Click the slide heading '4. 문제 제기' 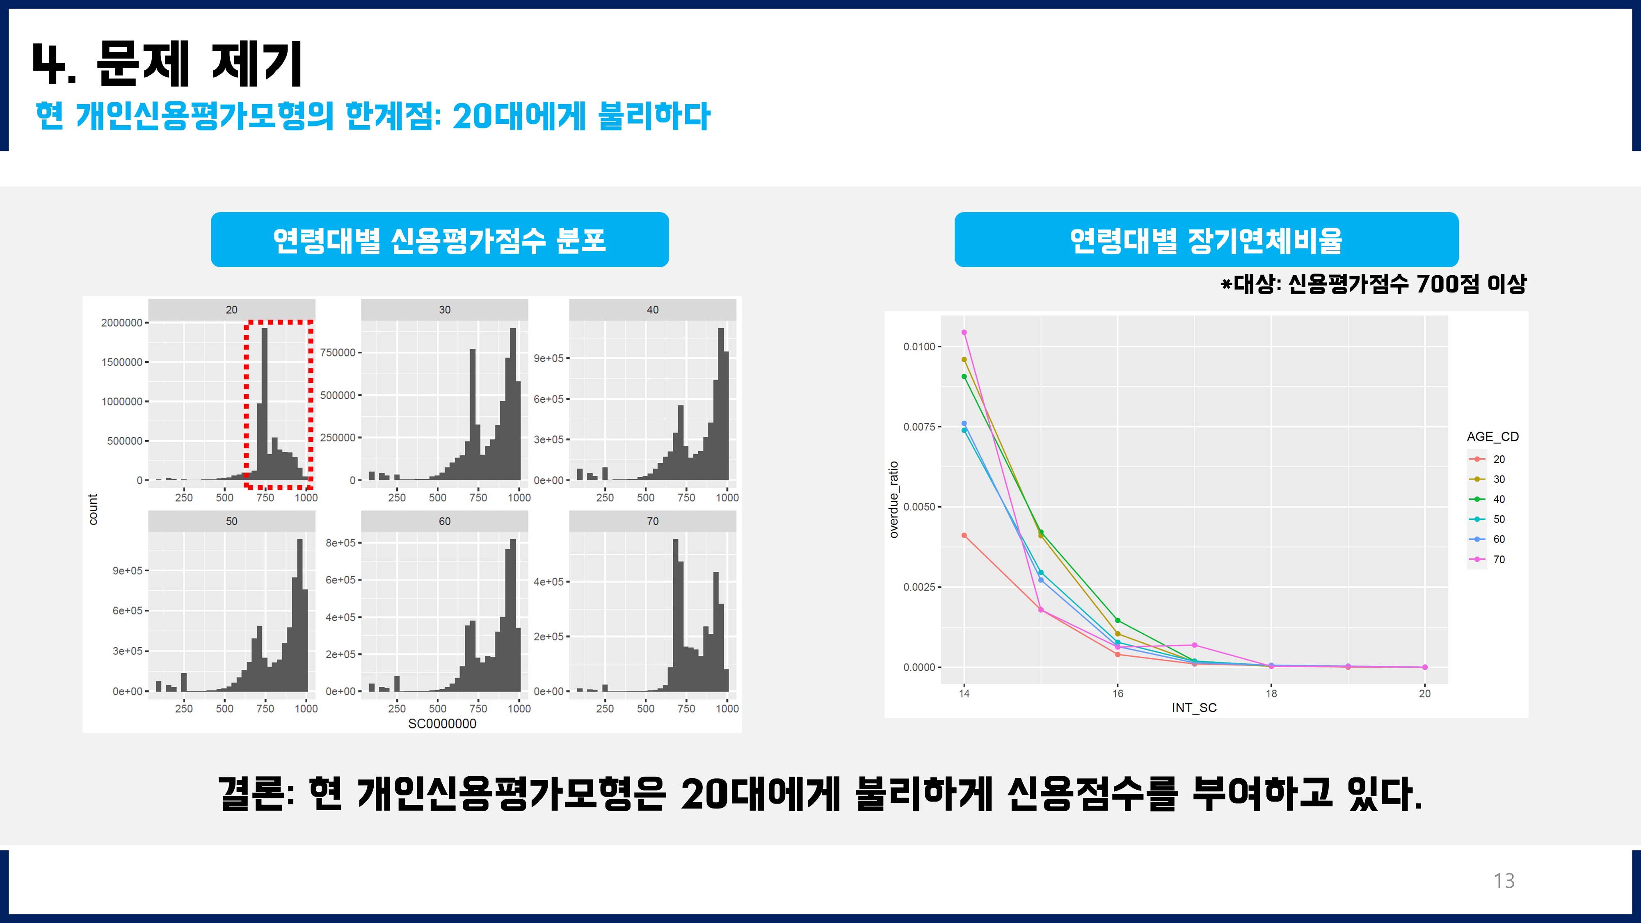click(x=167, y=64)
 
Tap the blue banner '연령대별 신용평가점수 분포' click(x=439, y=240)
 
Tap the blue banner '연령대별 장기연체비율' click(x=1206, y=240)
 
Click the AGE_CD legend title click(x=1492, y=436)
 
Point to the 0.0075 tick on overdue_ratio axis click(x=919, y=427)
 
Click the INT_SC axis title click(x=1194, y=708)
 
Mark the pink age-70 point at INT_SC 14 click(x=964, y=333)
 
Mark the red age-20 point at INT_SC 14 click(x=964, y=536)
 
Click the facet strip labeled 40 click(x=652, y=310)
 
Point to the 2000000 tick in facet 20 click(x=122, y=323)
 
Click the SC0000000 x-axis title click(x=442, y=724)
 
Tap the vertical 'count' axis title click(x=94, y=509)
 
